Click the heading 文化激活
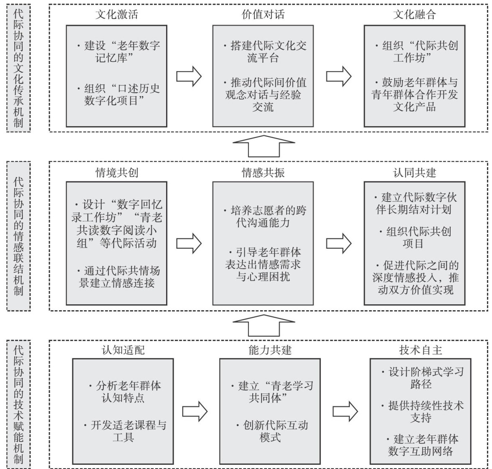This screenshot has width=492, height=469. (117, 15)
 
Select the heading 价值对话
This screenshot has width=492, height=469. (263, 15)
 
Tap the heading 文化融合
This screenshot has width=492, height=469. (415, 15)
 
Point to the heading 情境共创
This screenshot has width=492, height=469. (117, 173)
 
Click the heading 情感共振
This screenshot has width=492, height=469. (263, 173)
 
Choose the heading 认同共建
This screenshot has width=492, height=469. (415, 173)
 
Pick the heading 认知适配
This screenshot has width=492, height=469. (123, 350)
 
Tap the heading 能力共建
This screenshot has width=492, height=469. (270, 350)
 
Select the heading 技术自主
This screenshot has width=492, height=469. (420, 350)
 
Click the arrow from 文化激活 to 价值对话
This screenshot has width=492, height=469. (189, 76)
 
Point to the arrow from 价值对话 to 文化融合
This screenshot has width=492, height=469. (338, 76)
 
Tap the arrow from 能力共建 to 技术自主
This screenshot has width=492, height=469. (345, 412)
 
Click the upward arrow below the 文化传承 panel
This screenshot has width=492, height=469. (264, 146)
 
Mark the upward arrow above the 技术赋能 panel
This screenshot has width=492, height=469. (264, 326)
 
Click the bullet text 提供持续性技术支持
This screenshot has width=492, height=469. (421, 412)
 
